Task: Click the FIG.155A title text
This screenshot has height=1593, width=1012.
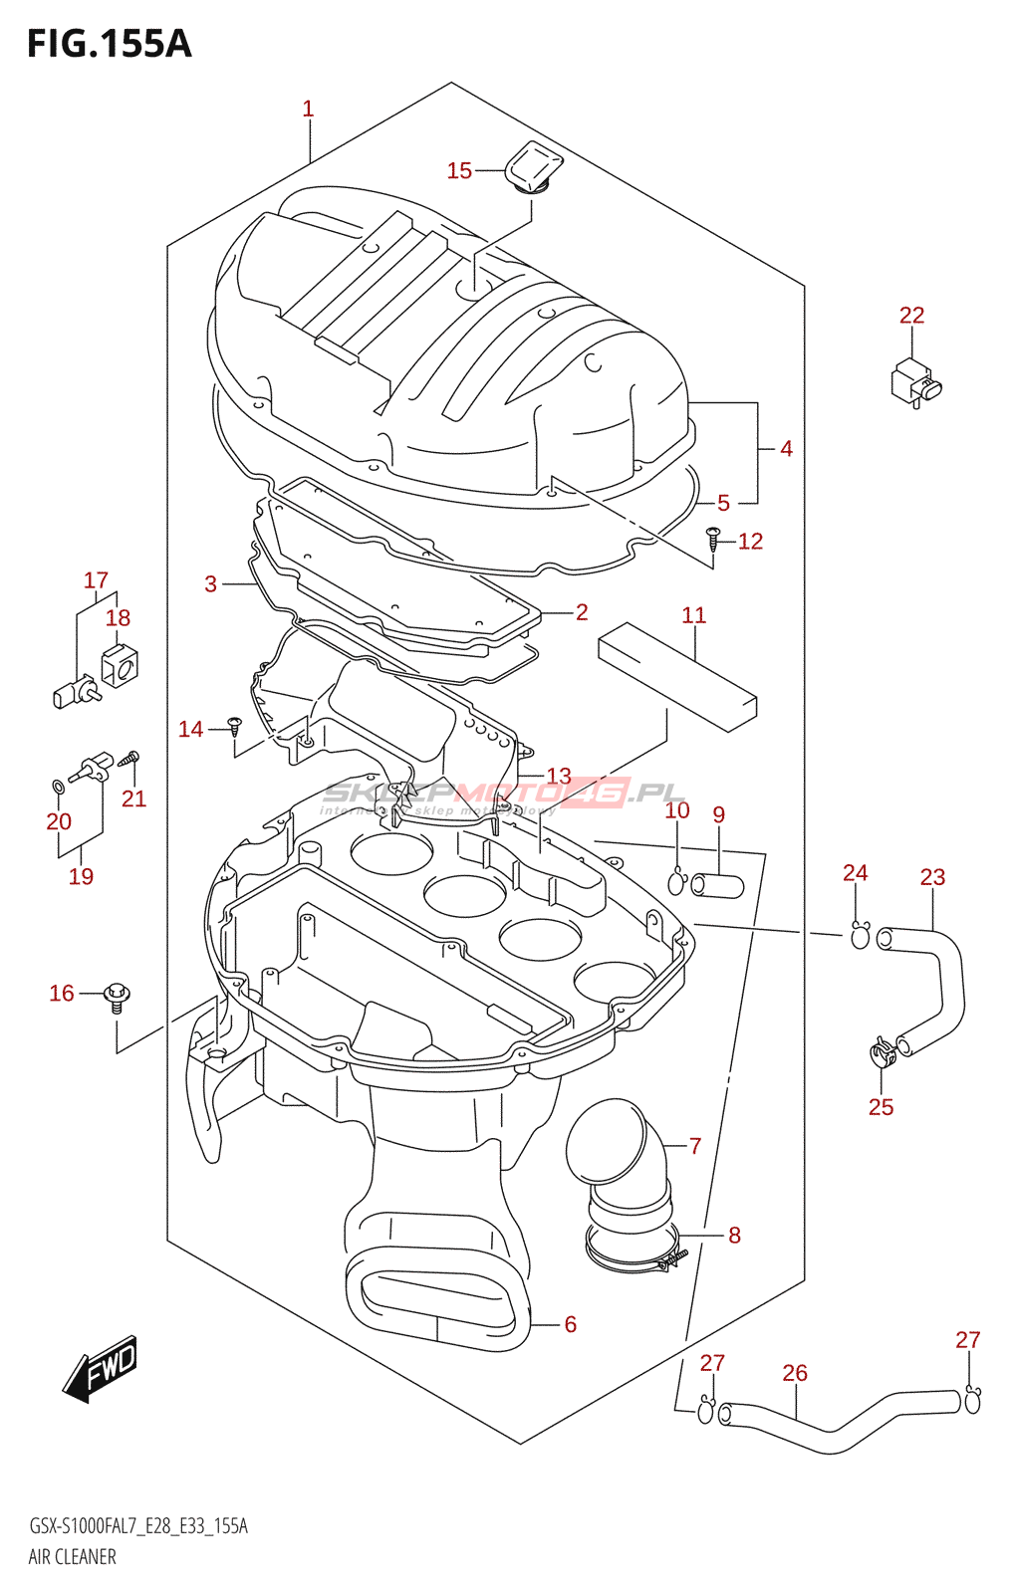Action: pos(109,44)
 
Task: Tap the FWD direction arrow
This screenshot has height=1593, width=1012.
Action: pos(101,1369)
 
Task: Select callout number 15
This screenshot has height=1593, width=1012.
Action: pos(459,171)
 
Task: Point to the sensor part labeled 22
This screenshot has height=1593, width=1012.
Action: pos(914,381)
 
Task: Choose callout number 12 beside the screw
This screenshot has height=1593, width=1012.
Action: pos(750,541)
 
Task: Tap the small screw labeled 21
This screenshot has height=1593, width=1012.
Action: pos(129,760)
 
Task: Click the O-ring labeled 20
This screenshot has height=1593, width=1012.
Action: pos(59,789)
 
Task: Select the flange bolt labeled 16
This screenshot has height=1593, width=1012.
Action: pos(118,996)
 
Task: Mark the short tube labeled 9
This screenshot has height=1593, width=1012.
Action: pos(717,884)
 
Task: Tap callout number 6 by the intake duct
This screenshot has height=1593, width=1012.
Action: pos(570,1324)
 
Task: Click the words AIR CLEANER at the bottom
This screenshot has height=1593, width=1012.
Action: pos(72,1557)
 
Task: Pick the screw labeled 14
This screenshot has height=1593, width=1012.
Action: pos(235,724)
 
